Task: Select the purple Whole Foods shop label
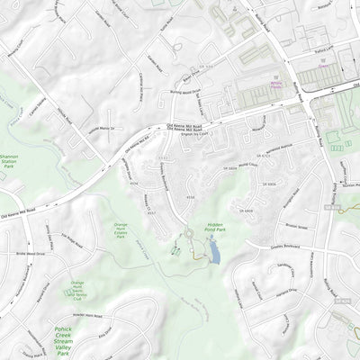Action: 274,78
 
